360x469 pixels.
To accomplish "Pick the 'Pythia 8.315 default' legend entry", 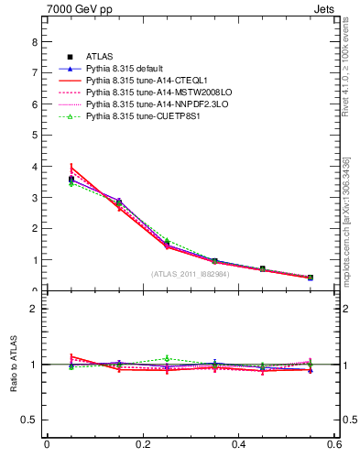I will pos(129,69).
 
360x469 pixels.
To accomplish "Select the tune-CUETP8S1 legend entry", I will pos(135,116).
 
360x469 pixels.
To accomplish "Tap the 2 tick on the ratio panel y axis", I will pos(34,309).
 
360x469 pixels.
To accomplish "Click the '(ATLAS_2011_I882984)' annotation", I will pos(191,273).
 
